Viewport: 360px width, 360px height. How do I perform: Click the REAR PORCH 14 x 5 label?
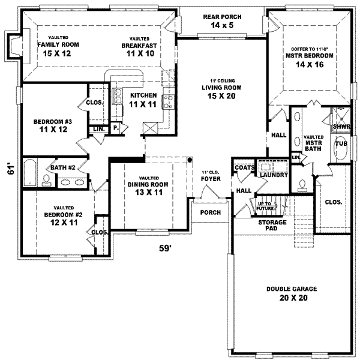tap(223, 21)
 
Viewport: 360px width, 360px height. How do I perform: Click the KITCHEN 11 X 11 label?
tap(143, 100)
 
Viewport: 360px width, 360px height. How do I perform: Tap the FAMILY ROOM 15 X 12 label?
tap(53, 49)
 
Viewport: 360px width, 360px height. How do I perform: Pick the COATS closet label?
tap(243, 168)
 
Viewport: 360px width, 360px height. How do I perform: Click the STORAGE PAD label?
tap(273, 226)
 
